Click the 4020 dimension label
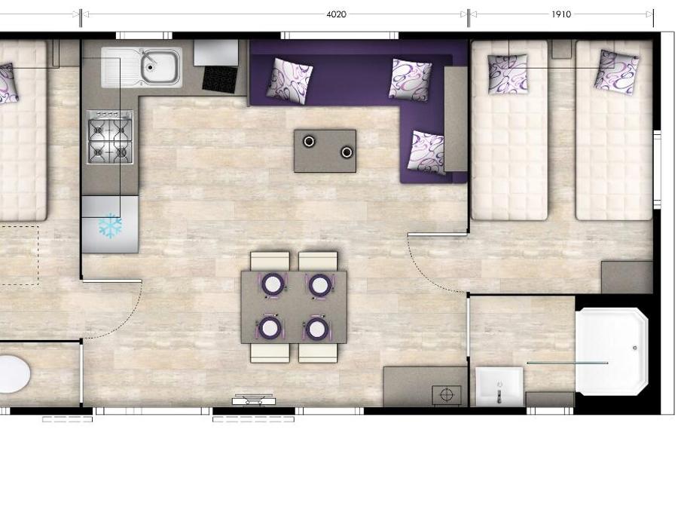click(336, 14)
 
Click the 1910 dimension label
click(560, 14)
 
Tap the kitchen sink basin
click(160, 67)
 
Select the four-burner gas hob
click(110, 137)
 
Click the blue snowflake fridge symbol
click(110, 225)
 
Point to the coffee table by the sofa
click(325, 151)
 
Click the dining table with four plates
click(294, 307)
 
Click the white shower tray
click(612, 351)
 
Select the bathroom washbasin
click(499, 387)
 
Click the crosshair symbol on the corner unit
click(446, 394)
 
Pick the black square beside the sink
click(220, 79)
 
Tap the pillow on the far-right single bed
click(615, 72)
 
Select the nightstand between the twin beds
click(562, 50)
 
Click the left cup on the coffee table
click(309, 141)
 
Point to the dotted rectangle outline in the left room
click(19, 256)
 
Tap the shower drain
click(635, 348)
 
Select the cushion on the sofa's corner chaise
click(426, 152)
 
